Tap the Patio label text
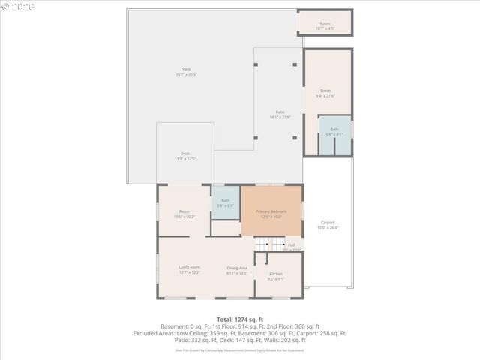click(x=280, y=112)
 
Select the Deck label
click(x=184, y=154)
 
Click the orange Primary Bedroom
click(x=271, y=211)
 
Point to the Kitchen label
click(x=276, y=274)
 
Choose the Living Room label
click(x=189, y=267)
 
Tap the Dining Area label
click(x=237, y=267)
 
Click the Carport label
click(x=328, y=223)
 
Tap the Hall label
click(x=292, y=244)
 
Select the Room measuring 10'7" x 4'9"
click(x=325, y=23)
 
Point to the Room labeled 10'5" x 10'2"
click(x=184, y=211)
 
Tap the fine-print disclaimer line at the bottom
click(x=240, y=349)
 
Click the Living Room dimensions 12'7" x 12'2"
click(x=189, y=272)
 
